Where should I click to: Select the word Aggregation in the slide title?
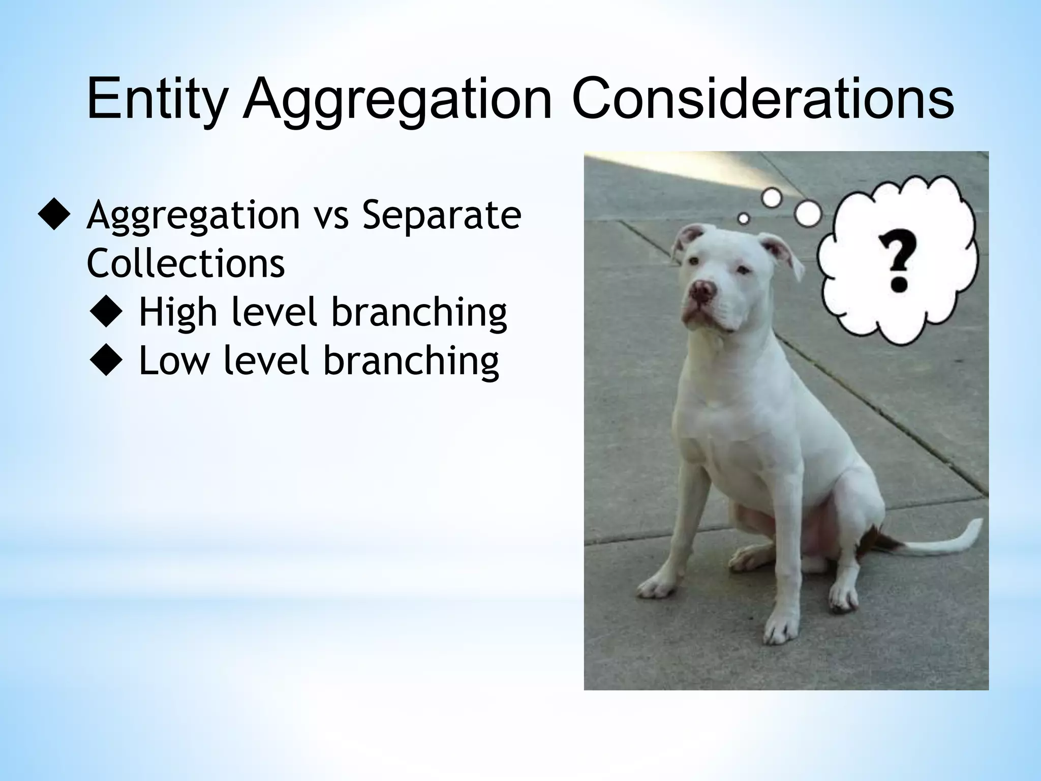pos(397,100)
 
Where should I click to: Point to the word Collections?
pos(186,263)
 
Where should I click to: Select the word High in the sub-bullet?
pos(178,313)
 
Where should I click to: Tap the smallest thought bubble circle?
pos(743,219)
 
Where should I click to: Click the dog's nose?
pos(702,290)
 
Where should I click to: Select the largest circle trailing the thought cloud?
pos(808,214)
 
